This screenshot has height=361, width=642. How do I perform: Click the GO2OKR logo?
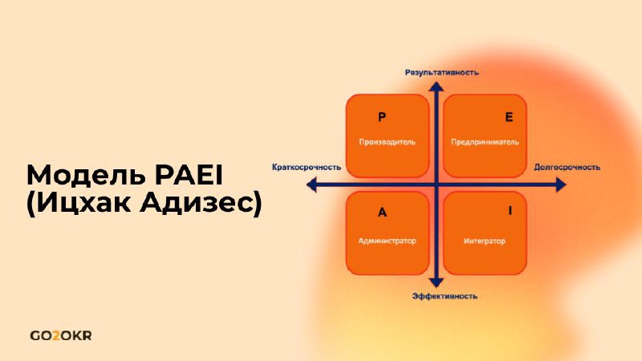[61, 336]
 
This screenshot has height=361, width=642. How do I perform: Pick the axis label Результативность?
[442, 72]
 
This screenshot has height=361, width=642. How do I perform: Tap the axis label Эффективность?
[445, 296]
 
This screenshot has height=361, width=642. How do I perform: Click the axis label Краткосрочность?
[307, 167]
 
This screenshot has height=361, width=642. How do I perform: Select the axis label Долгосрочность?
[567, 167]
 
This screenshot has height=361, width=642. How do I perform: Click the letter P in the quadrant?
[382, 117]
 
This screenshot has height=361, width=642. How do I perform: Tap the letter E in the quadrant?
[509, 117]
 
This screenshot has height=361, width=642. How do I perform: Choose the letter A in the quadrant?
[382, 213]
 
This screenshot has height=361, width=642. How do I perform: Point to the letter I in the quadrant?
[510, 210]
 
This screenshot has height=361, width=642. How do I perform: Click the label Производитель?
[388, 142]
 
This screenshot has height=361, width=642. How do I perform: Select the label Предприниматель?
[485, 142]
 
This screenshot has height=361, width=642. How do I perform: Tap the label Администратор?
[388, 241]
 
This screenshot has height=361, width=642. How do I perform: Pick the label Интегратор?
[485, 241]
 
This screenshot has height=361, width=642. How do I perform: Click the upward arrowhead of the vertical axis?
[437, 87]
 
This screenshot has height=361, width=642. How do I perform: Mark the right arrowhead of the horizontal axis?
[561, 185]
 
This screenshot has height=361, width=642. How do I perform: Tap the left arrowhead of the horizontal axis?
[311, 185]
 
